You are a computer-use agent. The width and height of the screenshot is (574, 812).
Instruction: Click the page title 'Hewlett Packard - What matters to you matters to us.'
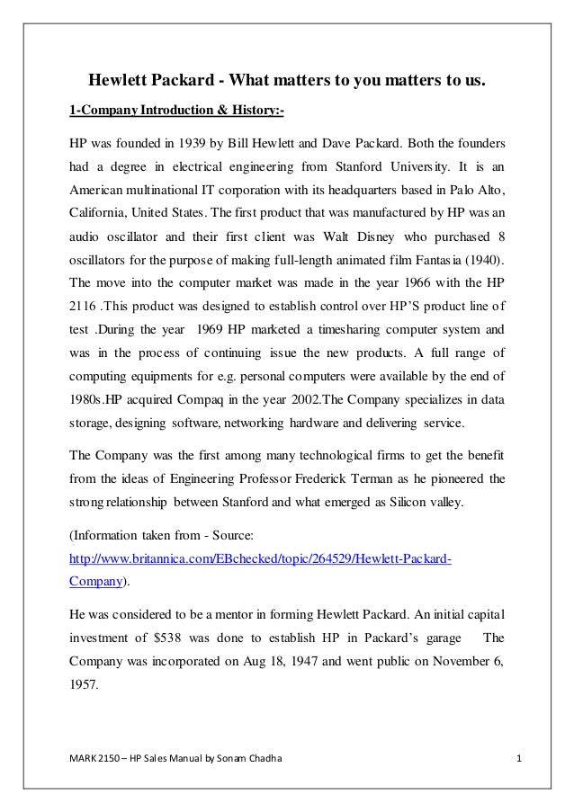point(285,84)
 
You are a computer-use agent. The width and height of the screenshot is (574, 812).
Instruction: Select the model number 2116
point(86,307)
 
